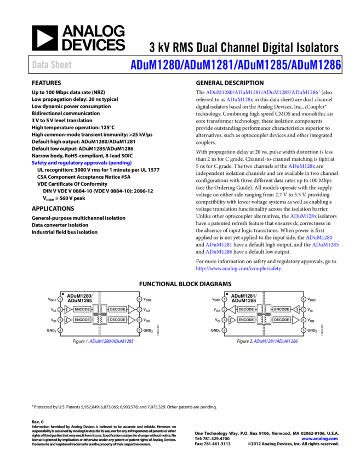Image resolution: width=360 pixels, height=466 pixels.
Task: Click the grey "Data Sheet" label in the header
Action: point(52,65)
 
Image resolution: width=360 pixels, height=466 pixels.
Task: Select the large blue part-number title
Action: point(236,65)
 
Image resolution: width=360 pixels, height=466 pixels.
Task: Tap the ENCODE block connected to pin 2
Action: point(82,309)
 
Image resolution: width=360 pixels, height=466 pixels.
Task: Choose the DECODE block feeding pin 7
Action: point(117,309)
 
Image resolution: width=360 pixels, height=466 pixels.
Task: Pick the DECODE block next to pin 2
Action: point(246,309)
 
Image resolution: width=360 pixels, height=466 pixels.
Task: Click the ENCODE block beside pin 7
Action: point(282,309)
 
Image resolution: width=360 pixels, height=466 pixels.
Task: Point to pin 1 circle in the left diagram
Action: point(60,299)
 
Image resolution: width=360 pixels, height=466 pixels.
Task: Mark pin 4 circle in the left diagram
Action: point(60,330)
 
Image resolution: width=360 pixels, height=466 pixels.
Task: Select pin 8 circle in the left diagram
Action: point(139,299)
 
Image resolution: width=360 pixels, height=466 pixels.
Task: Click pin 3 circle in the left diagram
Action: point(60,320)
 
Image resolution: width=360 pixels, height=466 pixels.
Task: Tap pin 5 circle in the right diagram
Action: point(304,330)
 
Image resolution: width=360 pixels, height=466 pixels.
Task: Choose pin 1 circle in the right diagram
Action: point(224,299)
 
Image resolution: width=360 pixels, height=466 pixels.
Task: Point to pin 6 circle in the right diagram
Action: point(304,320)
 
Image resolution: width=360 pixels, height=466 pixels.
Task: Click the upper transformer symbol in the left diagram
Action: point(100,309)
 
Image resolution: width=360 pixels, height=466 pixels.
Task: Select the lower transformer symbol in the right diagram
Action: point(264,320)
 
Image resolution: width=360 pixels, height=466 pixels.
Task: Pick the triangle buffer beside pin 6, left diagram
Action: point(131,320)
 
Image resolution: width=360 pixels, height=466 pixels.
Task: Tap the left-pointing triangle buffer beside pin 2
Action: point(232,309)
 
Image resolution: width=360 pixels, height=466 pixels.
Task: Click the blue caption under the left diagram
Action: point(112,341)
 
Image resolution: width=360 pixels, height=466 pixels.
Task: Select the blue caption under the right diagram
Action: point(276,341)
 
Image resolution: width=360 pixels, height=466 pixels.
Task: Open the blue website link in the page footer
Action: point(319,439)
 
